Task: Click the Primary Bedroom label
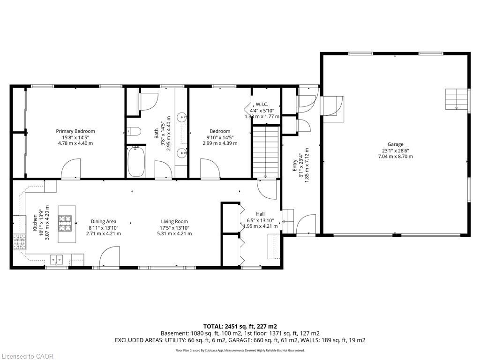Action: click(x=75, y=131)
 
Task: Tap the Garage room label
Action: click(x=396, y=144)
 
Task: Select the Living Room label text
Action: click(x=174, y=221)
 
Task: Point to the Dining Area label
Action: click(x=104, y=221)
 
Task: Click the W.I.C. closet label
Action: click(x=262, y=105)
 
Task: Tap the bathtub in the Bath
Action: click(x=136, y=162)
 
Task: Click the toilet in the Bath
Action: click(x=134, y=132)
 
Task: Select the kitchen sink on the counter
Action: click(x=57, y=260)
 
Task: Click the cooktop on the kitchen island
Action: click(x=65, y=223)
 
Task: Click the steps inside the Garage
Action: click(x=457, y=99)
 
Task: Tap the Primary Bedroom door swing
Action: click(x=71, y=168)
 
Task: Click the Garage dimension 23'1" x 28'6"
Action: click(x=396, y=150)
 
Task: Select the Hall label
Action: click(x=261, y=214)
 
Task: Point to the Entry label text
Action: click(x=295, y=165)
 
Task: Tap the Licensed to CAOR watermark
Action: click(x=27, y=356)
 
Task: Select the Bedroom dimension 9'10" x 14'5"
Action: click(x=220, y=137)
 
